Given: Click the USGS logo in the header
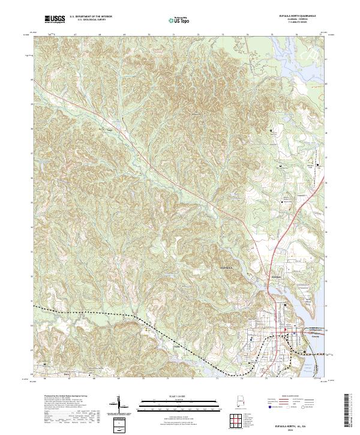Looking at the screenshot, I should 53,19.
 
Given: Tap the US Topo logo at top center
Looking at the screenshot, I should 179,19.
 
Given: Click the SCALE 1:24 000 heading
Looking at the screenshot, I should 179,396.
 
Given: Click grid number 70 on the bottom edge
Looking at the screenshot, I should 143,379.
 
